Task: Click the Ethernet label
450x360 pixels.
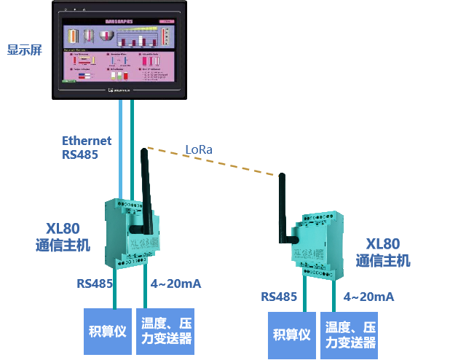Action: pos(87,141)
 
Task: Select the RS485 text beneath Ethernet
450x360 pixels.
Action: pos(80,154)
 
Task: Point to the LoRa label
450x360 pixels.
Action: pos(199,149)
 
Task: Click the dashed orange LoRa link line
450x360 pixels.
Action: pos(218,161)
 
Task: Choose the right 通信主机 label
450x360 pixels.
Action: pos(383,260)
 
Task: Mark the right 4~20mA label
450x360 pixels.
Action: pos(368,297)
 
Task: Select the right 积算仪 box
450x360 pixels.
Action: pos(292,335)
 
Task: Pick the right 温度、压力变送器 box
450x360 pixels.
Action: pos(350,335)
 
